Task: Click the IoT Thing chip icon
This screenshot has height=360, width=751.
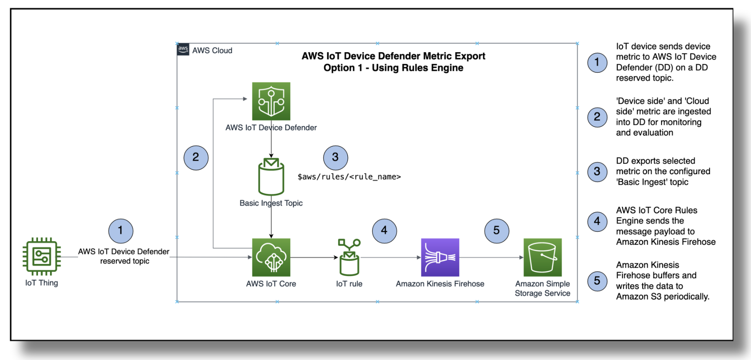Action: tap(41, 257)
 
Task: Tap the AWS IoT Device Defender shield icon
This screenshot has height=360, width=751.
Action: tap(271, 101)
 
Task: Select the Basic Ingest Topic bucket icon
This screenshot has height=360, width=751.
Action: tap(271, 177)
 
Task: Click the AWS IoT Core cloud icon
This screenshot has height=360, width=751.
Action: tap(271, 257)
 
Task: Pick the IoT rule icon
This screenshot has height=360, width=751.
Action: tap(349, 257)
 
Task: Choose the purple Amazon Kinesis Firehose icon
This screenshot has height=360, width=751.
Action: tap(440, 257)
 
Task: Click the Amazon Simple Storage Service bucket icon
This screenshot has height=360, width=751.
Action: tap(543, 257)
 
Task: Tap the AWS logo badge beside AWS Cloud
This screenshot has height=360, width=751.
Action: tap(183, 49)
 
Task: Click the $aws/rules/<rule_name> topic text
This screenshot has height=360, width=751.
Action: tap(349, 177)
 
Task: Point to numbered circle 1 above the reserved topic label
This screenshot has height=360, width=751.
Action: tap(121, 231)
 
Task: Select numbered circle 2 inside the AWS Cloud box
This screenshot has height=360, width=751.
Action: tap(196, 157)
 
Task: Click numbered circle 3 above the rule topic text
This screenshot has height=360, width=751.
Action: tap(336, 157)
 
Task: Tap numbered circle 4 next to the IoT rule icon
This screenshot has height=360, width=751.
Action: tap(384, 231)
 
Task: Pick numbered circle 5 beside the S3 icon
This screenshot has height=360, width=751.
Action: tap(497, 231)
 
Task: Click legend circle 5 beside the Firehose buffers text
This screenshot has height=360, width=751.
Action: tap(597, 281)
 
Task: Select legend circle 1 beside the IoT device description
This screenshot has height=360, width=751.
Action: tap(597, 62)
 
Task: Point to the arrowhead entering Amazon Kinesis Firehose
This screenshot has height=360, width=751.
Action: tap(419, 257)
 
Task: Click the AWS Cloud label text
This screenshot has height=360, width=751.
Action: tap(212, 51)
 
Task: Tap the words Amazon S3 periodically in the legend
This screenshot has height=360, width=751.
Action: tap(663, 297)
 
